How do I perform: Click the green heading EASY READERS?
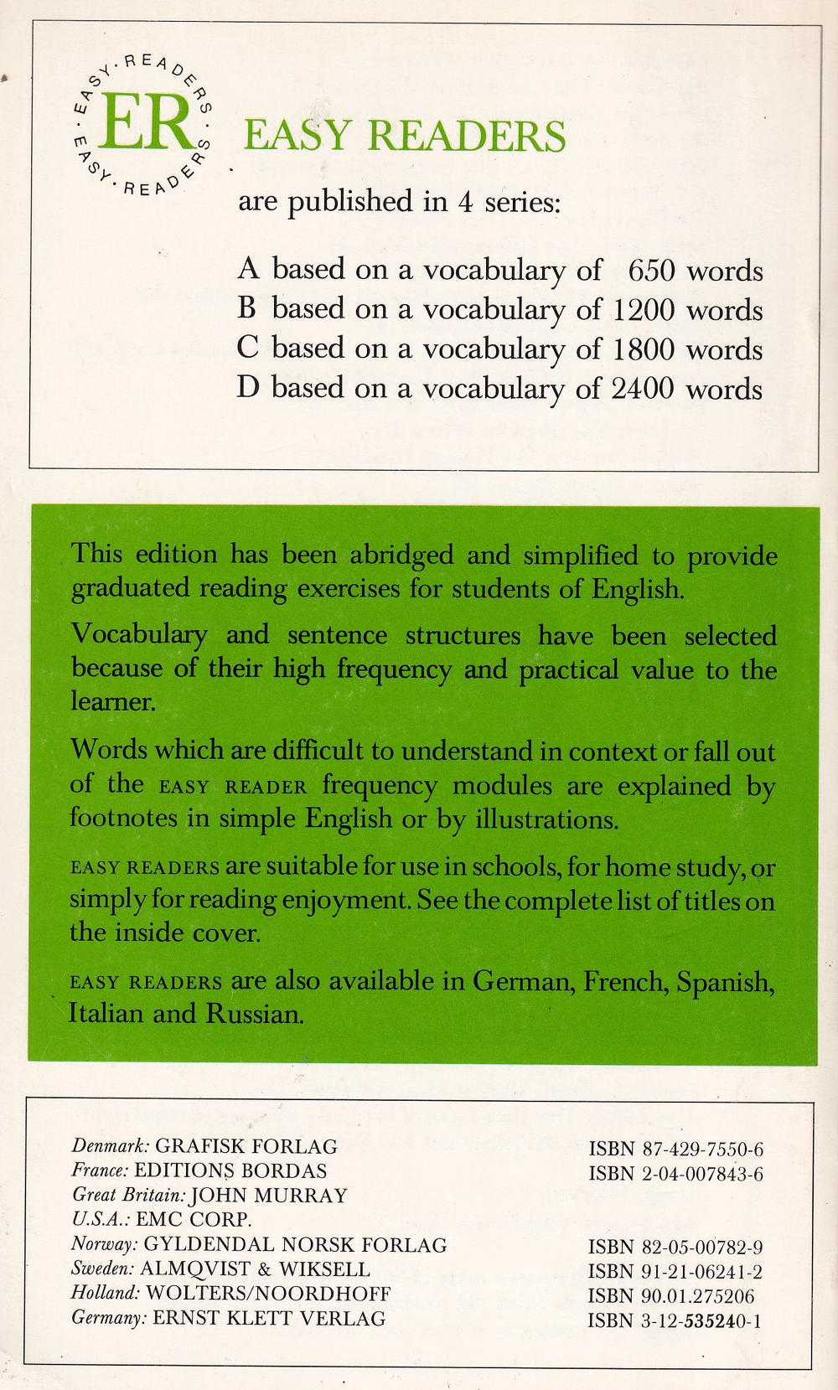404,136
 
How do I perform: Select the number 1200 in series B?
643,310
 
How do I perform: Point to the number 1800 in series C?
643,349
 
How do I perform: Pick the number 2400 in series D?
643,389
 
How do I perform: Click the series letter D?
247,388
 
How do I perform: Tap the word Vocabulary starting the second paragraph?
138,635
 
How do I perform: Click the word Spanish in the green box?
723,981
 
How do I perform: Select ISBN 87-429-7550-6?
675,1149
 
